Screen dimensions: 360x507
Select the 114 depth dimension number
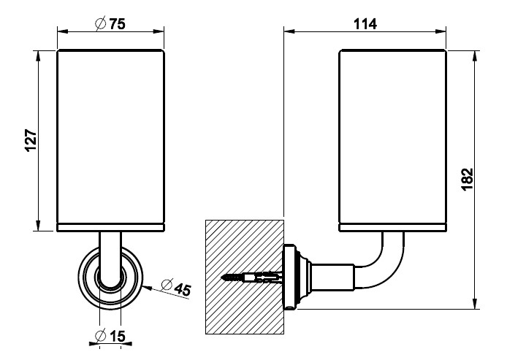point(364,23)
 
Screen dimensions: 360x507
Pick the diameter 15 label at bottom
point(111,337)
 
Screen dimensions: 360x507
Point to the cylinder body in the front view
point(110,139)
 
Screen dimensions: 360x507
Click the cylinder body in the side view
point(392,139)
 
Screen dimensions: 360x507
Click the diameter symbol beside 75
point(101,23)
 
